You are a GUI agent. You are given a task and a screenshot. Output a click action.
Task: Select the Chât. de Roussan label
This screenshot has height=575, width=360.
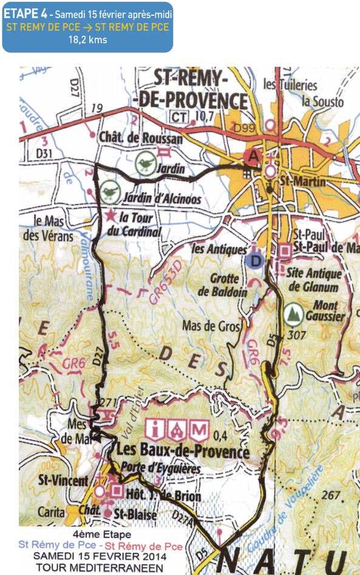141,138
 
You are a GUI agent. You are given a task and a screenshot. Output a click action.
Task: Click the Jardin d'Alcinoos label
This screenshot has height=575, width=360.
161,198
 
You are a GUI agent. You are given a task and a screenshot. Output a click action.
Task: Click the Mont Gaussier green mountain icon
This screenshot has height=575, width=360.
294,313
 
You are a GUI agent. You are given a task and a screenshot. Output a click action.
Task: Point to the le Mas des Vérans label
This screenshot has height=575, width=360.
53,228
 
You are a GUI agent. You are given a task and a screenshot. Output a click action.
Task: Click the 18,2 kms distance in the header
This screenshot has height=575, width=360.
89,41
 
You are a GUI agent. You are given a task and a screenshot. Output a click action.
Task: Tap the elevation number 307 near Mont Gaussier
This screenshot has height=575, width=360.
297,333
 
